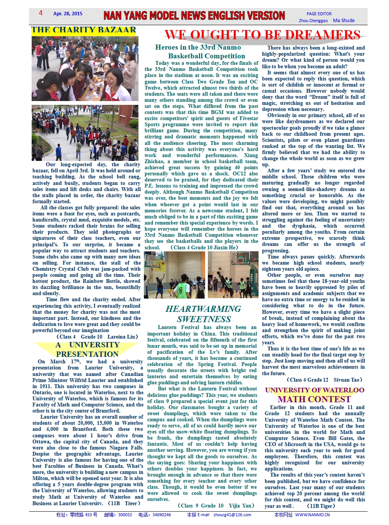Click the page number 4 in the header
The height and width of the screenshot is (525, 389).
click(x=41, y=13)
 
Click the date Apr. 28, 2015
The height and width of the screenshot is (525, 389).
click(x=68, y=14)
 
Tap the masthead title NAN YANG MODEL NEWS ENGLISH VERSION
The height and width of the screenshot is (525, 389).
click(x=194, y=16)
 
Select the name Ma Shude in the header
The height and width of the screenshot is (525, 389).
click(x=344, y=21)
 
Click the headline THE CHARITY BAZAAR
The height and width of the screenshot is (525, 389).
click(x=84, y=30)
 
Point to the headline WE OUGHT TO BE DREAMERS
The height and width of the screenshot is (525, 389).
click(x=262, y=35)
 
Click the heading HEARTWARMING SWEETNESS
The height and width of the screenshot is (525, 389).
click(x=203, y=314)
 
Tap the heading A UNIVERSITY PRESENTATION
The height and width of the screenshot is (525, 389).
click(x=87, y=349)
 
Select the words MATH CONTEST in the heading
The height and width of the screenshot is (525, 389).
click(x=314, y=399)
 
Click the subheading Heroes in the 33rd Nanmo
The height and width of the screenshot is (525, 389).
click(x=198, y=47)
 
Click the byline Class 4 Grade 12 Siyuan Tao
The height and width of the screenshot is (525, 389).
click(x=324, y=380)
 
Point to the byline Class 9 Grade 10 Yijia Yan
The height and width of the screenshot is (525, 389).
click(x=216, y=506)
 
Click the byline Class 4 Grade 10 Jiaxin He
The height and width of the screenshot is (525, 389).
click(x=204, y=247)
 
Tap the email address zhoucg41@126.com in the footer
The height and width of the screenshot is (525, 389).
click(x=232, y=515)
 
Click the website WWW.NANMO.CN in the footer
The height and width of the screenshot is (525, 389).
click(x=312, y=515)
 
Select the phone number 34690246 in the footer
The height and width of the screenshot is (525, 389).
click(x=162, y=515)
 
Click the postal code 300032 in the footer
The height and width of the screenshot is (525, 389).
click(x=125, y=515)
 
